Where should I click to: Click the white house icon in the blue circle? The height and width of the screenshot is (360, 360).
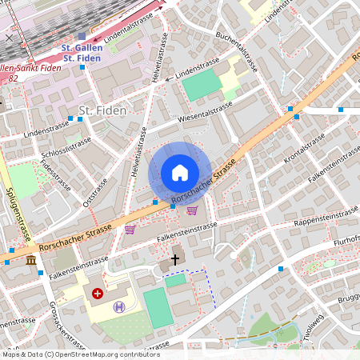pos(179,173)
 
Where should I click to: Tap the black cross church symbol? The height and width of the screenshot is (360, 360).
pos(175,260)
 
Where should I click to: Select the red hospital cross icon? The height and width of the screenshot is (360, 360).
pos(98,294)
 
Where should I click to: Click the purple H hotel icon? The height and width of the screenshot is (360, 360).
pos(119,306)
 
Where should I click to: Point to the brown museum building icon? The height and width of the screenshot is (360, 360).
pos(30,261)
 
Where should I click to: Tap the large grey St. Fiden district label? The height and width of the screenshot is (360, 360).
pos(102,110)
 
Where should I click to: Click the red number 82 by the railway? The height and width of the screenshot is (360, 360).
pos(13,78)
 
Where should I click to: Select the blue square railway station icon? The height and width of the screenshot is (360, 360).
pos(82,36)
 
